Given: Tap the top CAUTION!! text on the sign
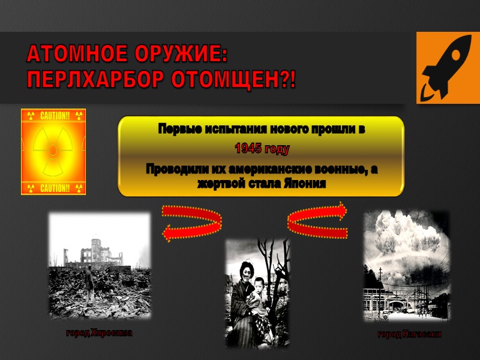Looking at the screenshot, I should tap(54, 115).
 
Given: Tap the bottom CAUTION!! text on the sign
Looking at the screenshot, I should tap(54, 188).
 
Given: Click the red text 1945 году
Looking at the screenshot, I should tap(262, 149).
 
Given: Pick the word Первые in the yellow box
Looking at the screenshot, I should tap(177, 129).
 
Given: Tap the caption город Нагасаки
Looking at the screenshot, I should tap(409, 335).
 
